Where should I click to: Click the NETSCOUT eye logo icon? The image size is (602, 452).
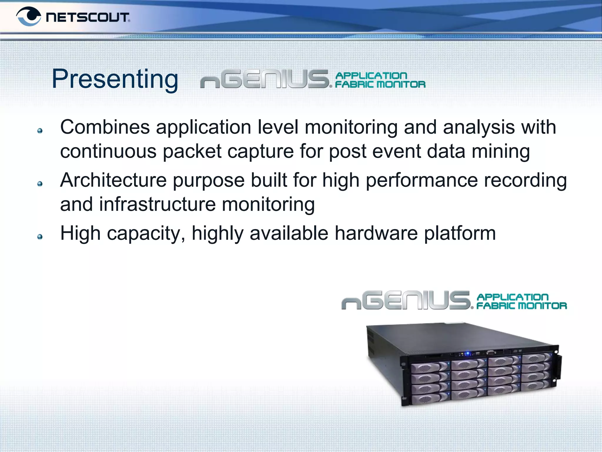29,16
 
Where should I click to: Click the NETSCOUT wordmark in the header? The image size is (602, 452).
88,17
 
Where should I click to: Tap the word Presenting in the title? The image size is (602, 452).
115,79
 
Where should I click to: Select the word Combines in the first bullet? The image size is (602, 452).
105,127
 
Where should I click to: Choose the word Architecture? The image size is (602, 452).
113,180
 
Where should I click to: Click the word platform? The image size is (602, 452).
460,233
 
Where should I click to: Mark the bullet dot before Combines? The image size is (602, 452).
40,131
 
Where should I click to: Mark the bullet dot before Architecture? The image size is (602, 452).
40,184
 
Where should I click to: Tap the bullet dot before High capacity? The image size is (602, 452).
40,237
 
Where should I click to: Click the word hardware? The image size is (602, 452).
376,233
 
